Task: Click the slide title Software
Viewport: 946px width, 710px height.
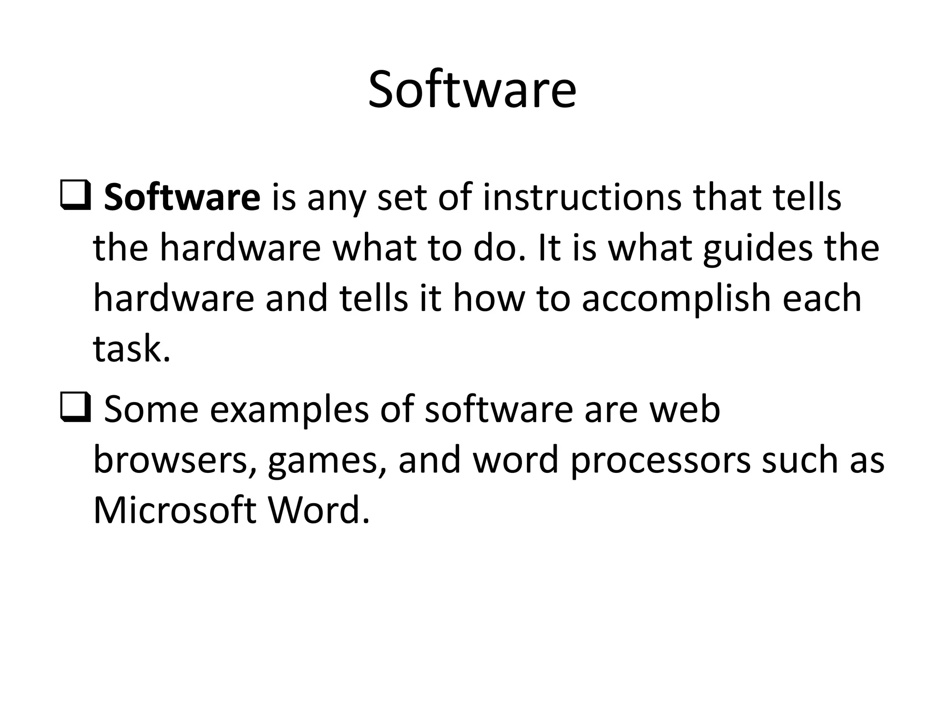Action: [x=472, y=90]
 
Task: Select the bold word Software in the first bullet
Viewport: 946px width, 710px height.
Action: [x=182, y=198]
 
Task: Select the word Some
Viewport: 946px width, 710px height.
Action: [x=152, y=410]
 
